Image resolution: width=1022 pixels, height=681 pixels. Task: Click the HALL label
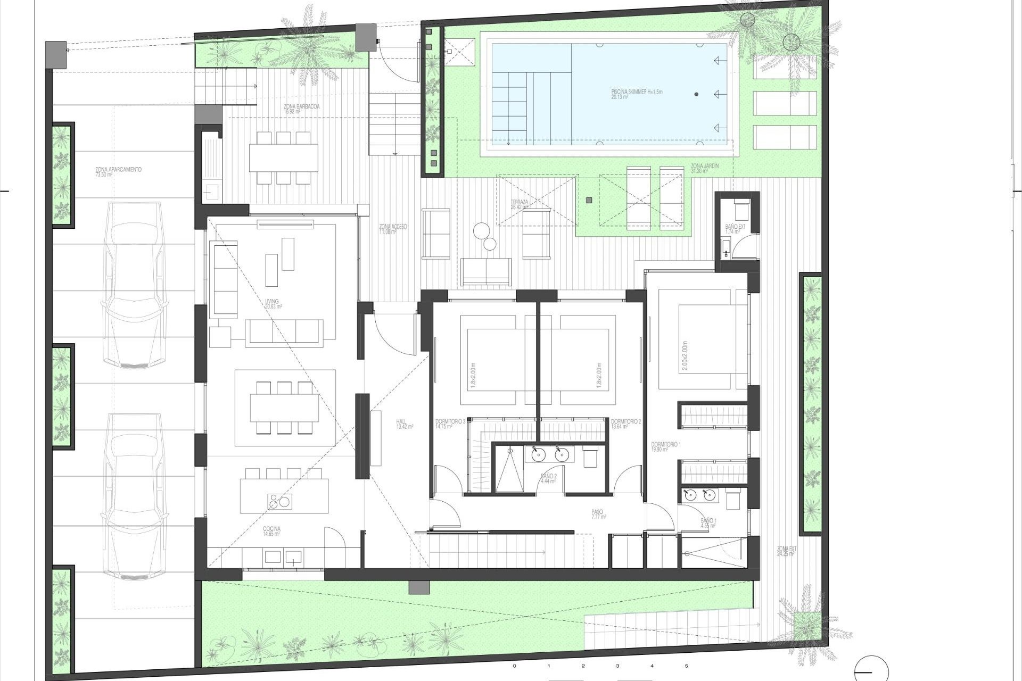(x=401, y=423)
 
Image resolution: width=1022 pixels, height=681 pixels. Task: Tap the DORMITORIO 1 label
(x=665, y=446)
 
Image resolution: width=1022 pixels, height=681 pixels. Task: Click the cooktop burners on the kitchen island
(x=279, y=500)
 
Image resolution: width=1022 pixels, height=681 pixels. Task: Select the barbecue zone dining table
(x=283, y=157)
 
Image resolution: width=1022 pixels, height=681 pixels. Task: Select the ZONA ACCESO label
(x=393, y=229)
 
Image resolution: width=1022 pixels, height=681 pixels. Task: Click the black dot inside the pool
(x=696, y=94)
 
